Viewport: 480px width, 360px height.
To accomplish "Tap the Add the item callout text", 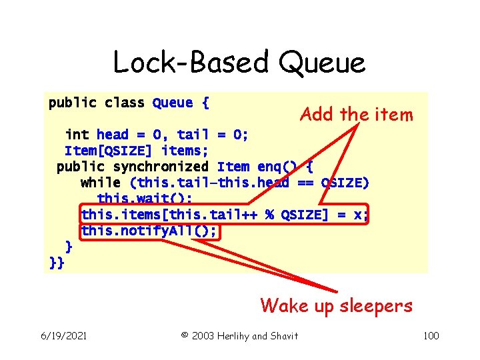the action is click(357, 115).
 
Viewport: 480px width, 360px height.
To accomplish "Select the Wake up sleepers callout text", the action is click(337, 306).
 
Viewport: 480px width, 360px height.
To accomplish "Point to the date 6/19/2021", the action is click(63, 335).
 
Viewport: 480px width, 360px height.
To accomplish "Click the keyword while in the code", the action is click(100, 183).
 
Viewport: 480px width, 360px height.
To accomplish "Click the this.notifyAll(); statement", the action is click(152, 231).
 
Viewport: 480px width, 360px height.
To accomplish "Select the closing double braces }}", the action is click(57, 263).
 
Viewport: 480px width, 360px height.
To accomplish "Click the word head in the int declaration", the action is click(113, 135).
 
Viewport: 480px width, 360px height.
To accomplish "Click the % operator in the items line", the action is click(271, 215).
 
